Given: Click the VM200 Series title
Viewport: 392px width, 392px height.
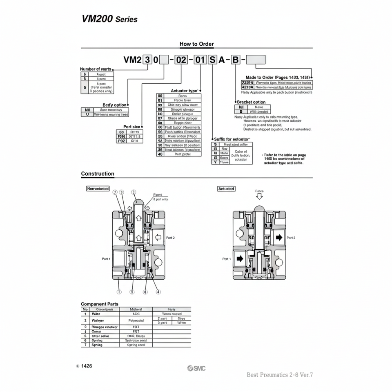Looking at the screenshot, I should [110, 19].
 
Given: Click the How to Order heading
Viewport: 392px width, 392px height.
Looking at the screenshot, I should [196, 44].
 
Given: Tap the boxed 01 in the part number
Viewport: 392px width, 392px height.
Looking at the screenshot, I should [200, 60].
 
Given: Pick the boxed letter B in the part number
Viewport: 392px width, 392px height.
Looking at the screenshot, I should [236, 60].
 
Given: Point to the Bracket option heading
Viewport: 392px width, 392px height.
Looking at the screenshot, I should [251, 102].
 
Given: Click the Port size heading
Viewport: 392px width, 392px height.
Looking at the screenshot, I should [131, 127].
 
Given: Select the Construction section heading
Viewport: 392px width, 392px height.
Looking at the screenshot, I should [98, 174].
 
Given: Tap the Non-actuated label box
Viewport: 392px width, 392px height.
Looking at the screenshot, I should [98, 189].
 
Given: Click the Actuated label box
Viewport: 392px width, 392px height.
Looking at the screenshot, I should [226, 189].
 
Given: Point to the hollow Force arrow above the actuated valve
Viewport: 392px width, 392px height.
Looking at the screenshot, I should [259, 196].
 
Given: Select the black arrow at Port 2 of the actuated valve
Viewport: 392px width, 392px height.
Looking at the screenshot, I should [279, 237].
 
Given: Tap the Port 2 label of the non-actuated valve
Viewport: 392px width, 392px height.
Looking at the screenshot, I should [170, 237].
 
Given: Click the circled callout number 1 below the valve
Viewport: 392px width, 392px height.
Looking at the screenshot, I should [119, 292].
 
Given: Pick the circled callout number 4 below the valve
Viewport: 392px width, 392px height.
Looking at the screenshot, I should [158, 292].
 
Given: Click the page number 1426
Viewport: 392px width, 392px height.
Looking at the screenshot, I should [87, 366].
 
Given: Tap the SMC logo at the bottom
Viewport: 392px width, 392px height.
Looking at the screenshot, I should [196, 368].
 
